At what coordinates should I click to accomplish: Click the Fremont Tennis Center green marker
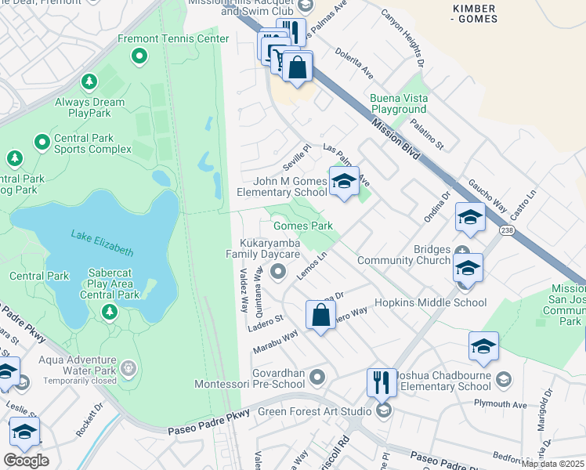pos(139,56)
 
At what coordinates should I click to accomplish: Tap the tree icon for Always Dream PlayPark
pos(89,81)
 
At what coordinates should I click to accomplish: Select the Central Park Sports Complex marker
pos(42,142)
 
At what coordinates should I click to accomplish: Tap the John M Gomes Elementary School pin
pos(343,182)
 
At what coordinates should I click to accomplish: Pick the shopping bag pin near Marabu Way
pos(320,316)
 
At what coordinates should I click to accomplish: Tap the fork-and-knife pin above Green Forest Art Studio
pos(382,383)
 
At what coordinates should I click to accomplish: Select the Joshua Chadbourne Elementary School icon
pos(504,379)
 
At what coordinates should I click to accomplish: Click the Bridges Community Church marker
pos(462,251)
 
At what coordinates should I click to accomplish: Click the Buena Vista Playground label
pos(398,104)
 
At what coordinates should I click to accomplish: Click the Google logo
pos(26,461)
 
